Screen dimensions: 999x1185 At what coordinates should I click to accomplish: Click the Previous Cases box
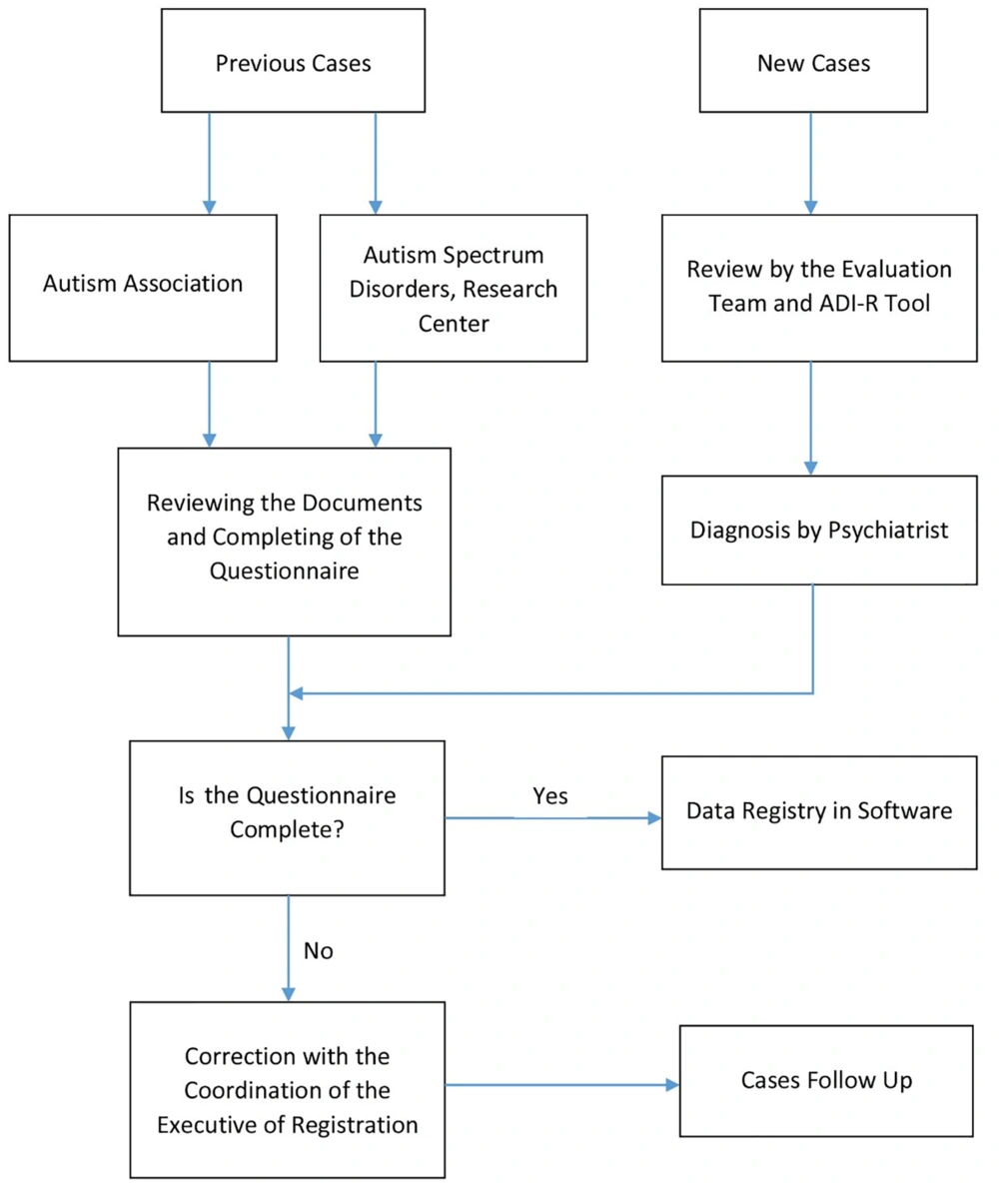click(293, 61)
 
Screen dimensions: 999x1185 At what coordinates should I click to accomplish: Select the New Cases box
click(813, 61)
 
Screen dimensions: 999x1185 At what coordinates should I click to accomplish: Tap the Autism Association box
click(143, 288)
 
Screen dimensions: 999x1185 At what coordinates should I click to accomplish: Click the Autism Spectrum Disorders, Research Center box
click(454, 288)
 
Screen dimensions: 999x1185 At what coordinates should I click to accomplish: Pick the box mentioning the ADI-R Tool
click(819, 288)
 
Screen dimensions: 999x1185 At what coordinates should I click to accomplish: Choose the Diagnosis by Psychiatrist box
click(819, 530)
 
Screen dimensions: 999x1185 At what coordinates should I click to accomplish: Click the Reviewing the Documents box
click(284, 542)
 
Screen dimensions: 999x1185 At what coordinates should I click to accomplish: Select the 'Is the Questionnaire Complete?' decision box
click(287, 817)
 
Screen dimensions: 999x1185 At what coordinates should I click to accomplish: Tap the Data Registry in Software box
click(819, 812)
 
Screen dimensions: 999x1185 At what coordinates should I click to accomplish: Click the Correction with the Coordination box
click(287, 1090)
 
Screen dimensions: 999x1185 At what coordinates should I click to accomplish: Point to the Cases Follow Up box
click(826, 1081)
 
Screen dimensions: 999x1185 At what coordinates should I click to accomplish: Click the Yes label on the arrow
click(550, 795)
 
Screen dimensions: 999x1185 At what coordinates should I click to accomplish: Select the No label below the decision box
click(318, 951)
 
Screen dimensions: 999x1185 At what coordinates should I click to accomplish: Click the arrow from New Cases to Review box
click(811, 163)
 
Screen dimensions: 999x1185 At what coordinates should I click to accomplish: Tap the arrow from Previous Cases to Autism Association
click(210, 163)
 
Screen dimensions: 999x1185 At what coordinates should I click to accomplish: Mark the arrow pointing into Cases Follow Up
click(562, 1085)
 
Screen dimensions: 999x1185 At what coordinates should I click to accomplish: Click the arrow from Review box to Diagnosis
click(811, 419)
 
